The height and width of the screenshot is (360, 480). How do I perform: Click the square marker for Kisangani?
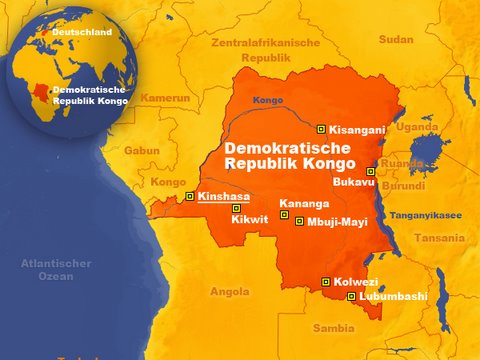320,128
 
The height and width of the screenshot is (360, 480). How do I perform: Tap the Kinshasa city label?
224,197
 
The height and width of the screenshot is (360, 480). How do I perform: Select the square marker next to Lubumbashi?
350,297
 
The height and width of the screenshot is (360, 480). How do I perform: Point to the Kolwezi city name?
355,282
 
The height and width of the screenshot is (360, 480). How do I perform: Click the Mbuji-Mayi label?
339,221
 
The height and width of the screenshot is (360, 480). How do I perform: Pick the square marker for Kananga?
284,214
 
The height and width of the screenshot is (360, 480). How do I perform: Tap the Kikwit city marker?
236,208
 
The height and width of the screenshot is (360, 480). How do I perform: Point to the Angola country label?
229,292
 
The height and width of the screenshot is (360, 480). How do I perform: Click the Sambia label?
333,327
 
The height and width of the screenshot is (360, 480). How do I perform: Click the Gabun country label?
142,150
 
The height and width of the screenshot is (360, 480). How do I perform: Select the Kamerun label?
165,98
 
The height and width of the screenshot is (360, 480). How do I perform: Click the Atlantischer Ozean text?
57,270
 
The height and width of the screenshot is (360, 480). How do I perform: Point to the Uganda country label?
417,127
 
